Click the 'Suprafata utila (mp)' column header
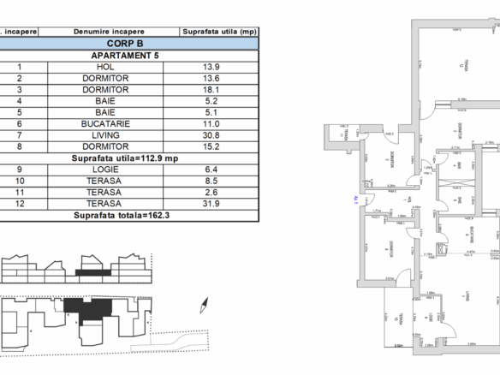[218, 30]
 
